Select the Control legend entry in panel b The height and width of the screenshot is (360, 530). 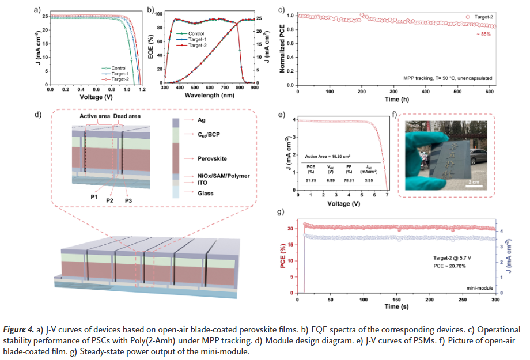point(196,33)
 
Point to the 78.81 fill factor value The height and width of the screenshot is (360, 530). point(349,180)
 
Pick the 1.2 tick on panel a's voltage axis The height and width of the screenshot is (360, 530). point(142,90)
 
